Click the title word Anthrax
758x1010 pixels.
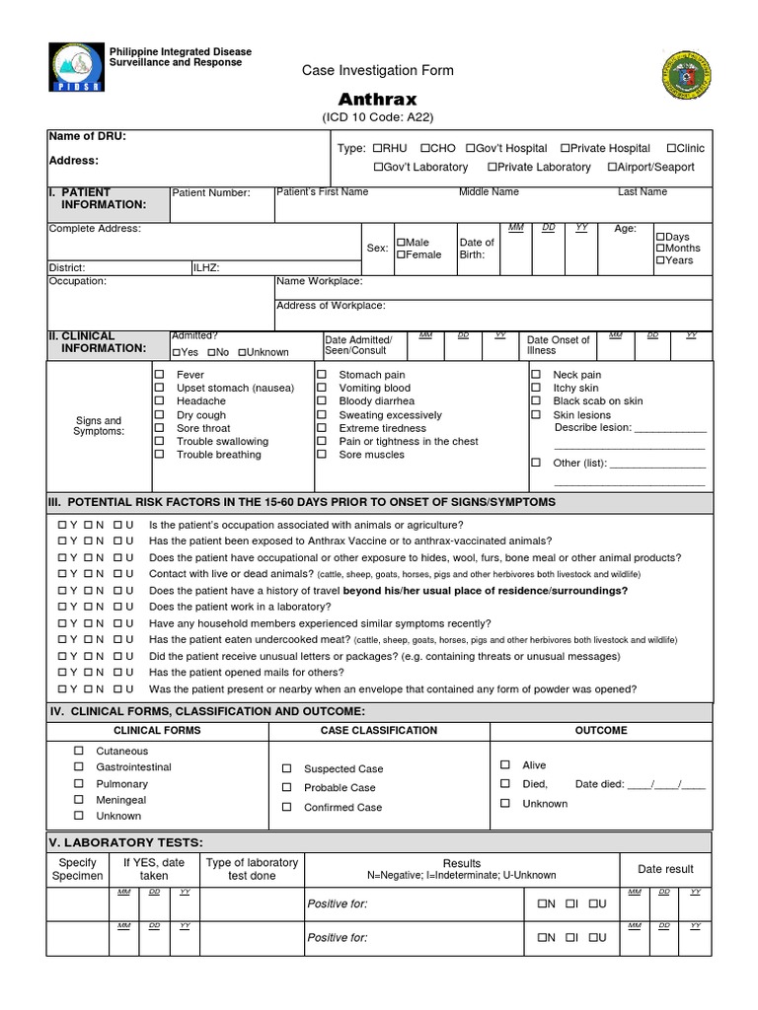coord(378,100)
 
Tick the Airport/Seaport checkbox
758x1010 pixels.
coord(613,168)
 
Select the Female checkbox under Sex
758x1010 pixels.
coord(402,255)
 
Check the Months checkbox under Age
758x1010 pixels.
coord(660,249)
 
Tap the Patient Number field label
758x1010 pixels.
coord(211,193)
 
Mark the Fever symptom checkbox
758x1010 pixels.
coord(159,375)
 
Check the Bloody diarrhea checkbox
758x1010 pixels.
coord(322,401)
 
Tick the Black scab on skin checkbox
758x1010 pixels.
coord(536,401)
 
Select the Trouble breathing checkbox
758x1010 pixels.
coord(159,455)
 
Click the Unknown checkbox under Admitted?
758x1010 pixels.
coord(241,352)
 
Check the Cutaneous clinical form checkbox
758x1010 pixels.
coord(79,752)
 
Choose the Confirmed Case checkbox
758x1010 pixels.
coord(287,807)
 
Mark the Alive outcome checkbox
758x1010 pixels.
coord(505,764)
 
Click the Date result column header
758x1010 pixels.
coord(665,869)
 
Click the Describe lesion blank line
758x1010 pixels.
coord(669,429)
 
